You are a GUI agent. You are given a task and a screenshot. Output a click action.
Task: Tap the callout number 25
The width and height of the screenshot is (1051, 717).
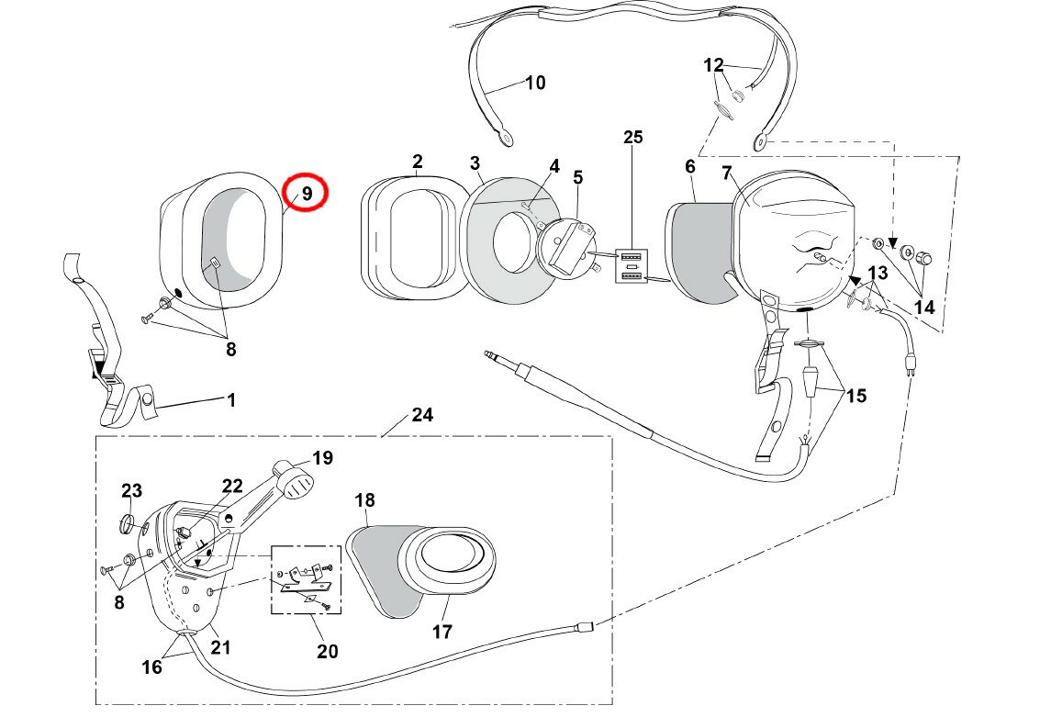tap(633, 138)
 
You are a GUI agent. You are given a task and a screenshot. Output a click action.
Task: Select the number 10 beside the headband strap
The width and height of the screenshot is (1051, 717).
tap(534, 83)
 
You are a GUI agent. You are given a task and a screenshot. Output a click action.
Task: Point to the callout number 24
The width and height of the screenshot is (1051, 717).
tap(421, 415)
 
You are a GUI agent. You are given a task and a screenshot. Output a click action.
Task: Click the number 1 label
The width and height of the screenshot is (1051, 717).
tap(231, 400)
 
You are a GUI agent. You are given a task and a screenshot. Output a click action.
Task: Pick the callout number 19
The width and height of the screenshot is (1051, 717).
tap(322, 457)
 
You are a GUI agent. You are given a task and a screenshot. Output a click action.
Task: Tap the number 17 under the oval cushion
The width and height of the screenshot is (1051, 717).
tap(442, 632)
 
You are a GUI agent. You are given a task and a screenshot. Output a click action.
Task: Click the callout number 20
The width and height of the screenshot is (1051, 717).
tap(327, 651)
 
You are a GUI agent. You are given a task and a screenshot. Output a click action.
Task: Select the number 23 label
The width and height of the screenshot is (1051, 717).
tap(131, 491)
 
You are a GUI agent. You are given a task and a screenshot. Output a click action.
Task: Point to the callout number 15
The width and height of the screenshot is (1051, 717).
tap(855, 396)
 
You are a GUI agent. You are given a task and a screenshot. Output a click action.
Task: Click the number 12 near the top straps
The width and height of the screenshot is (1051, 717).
tap(713, 65)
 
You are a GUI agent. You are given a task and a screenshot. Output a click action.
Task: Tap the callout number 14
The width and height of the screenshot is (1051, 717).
tap(923, 307)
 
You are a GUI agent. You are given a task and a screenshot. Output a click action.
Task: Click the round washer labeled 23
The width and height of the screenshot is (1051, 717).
tap(130, 525)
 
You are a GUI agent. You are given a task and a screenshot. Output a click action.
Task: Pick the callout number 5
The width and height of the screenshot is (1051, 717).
tap(577, 176)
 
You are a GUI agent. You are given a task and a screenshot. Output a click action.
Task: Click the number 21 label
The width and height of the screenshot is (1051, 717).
tap(221, 646)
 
